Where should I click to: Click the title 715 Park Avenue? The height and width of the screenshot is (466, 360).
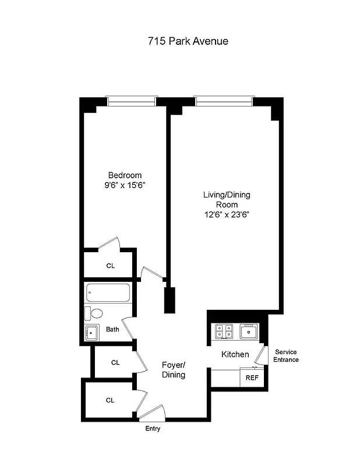point(179,41)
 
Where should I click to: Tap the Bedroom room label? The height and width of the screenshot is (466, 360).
point(125,175)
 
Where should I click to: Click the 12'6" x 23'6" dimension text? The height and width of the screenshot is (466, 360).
point(227,214)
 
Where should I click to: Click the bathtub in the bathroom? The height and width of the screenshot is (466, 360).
point(110,293)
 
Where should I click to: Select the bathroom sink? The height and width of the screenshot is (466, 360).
point(92,333)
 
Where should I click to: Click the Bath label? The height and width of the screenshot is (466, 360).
point(112,330)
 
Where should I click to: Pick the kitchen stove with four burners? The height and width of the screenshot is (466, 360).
point(224,331)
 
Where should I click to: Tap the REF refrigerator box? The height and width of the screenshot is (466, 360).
point(252,377)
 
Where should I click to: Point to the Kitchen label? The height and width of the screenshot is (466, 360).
point(235,354)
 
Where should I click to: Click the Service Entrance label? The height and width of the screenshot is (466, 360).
point(287,356)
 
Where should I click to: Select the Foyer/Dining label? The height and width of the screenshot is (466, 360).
point(174,370)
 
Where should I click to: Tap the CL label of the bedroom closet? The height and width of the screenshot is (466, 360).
point(111,266)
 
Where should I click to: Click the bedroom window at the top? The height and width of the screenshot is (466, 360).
point(132,101)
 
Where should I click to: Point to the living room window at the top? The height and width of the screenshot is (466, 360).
point(224,101)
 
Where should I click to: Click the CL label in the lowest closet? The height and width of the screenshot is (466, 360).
point(110,400)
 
